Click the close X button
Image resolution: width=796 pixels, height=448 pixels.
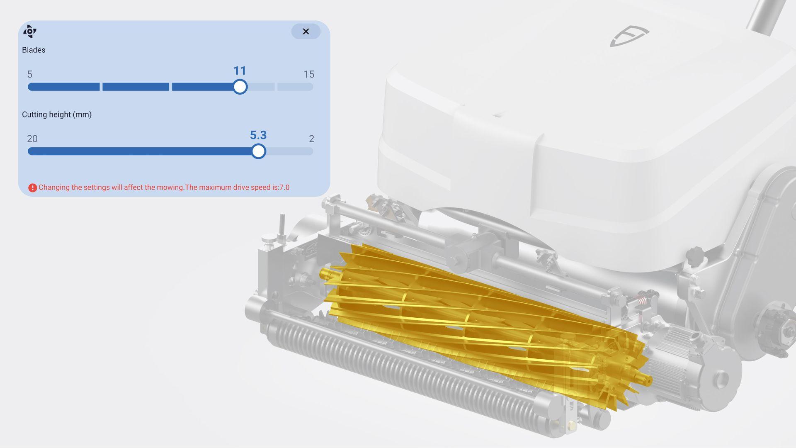pos(306,32)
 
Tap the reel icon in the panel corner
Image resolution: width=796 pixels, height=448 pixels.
pos(30,31)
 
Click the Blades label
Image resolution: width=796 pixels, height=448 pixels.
pos(34,50)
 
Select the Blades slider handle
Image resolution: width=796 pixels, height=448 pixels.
pos(240,87)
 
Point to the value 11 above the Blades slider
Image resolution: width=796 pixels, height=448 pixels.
pos(240,71)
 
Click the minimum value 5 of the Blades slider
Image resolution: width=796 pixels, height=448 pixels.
pos(30,74)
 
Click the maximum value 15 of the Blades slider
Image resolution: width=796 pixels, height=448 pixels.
pos(309,74)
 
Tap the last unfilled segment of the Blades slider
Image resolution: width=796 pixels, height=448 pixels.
pos(295,87)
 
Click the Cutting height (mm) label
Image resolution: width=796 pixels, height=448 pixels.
pos(57,114)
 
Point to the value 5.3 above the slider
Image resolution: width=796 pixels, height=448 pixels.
pos(258,135)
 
